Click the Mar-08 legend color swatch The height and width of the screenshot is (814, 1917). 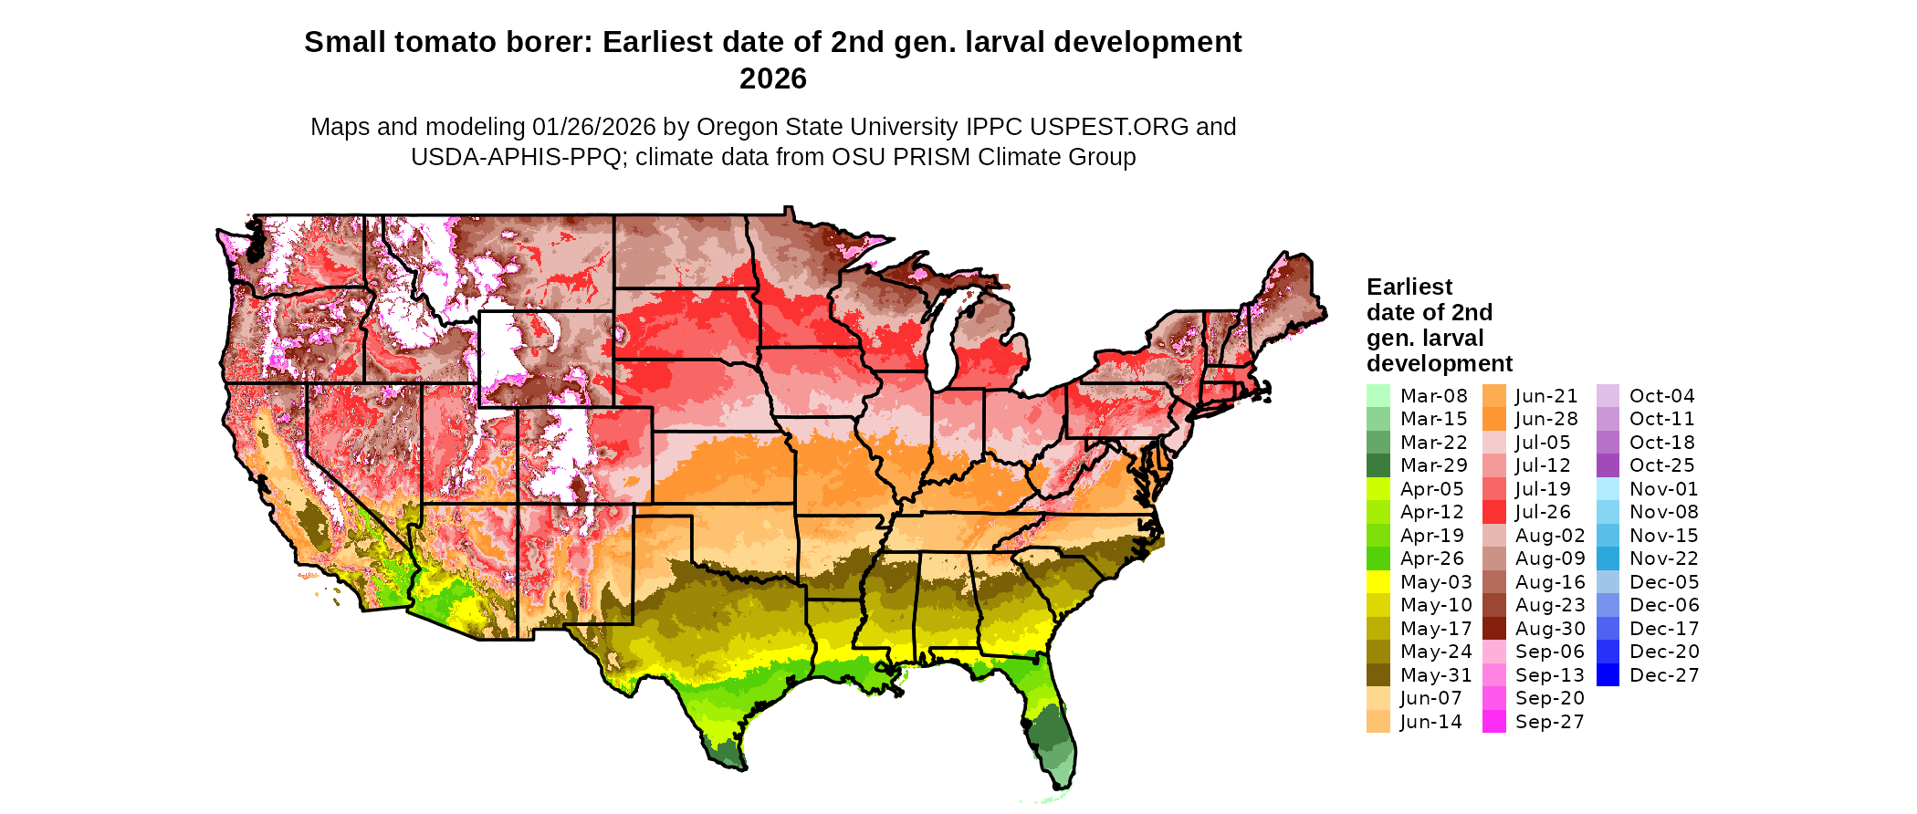tap(1378, 396)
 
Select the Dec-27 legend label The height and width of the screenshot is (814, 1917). tap(1663, 675)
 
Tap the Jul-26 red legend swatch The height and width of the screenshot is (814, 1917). tap(1493, 512)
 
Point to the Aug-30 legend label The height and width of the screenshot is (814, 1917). tap(1549, 629)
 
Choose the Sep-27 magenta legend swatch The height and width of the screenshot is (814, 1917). tap(1493, 722)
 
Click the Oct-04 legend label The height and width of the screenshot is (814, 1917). tap(1661, 396)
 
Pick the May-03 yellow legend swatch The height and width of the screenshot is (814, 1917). tap(1378, 582)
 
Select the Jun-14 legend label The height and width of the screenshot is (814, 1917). tap(1430, 722)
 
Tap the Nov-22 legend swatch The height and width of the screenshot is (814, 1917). tap(1608, 558)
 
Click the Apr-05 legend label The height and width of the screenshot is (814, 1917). tap(1431, 489)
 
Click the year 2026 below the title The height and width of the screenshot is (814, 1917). tap(772, 78)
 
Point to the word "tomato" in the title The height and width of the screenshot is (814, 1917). tap(449, 42)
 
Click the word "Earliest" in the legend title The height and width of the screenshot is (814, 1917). tap(1409, 287)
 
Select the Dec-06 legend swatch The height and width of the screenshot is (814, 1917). tap(1608, 605)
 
